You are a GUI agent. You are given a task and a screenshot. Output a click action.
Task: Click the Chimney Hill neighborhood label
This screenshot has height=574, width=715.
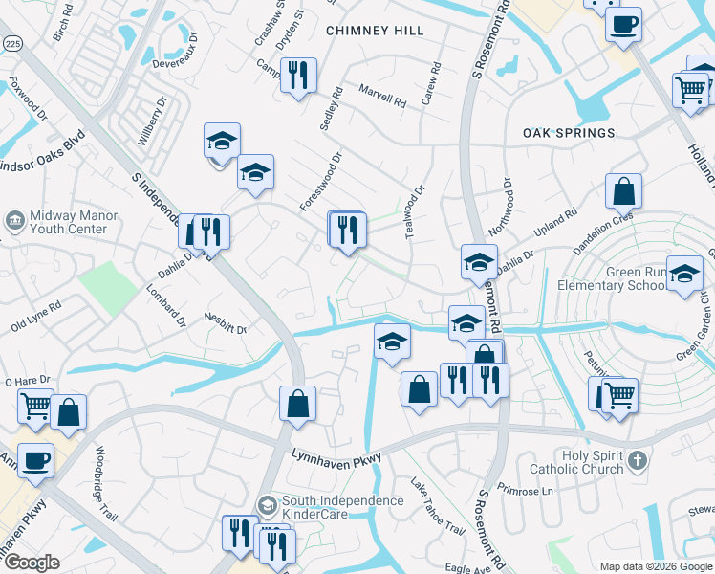pos(375,31)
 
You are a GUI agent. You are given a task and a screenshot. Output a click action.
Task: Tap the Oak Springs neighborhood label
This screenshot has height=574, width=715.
pos(569,133)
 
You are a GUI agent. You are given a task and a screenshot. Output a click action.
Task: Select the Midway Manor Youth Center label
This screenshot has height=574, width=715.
pos(74,222)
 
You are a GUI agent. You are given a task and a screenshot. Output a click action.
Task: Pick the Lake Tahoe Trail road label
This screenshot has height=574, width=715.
pos(437,508)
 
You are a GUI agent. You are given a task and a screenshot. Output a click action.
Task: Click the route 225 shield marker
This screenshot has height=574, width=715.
pos(12,43)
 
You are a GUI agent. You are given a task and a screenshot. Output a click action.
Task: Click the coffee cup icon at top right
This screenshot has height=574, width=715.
pos(623,24)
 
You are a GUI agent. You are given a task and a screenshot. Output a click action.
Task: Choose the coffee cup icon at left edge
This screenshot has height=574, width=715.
pos(35,460)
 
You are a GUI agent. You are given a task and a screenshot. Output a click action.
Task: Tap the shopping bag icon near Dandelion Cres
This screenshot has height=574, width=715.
pos(623,191)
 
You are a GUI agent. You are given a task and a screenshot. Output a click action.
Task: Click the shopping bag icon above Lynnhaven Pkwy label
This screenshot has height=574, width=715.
pos(298,403)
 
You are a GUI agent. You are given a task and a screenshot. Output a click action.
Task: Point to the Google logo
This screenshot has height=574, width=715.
pos(32,563)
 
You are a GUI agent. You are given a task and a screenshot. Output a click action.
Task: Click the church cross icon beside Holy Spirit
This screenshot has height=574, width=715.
pos(638,462)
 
